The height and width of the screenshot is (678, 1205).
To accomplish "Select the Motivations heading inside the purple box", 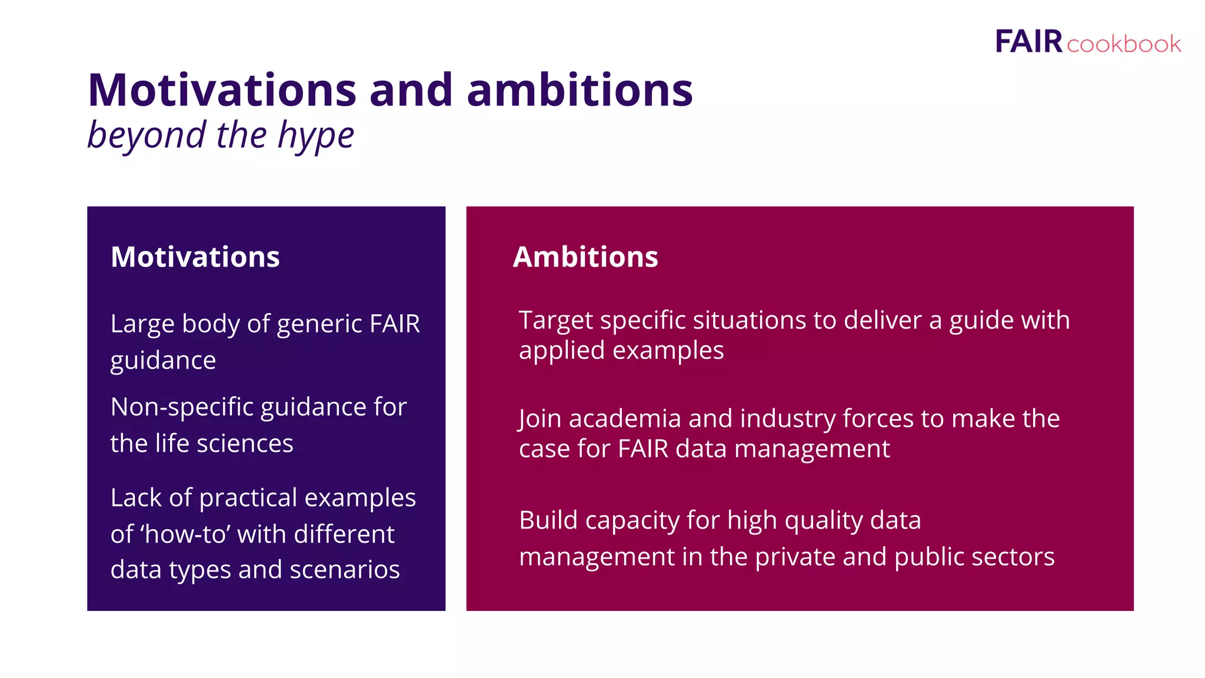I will (195, 257).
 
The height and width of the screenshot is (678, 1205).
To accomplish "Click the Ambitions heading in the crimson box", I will (585, 257).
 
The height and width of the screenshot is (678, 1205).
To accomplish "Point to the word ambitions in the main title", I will (580, 91).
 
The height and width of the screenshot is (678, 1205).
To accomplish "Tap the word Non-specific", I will (182, 407).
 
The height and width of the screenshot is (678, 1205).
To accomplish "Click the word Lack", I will (136, 498).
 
